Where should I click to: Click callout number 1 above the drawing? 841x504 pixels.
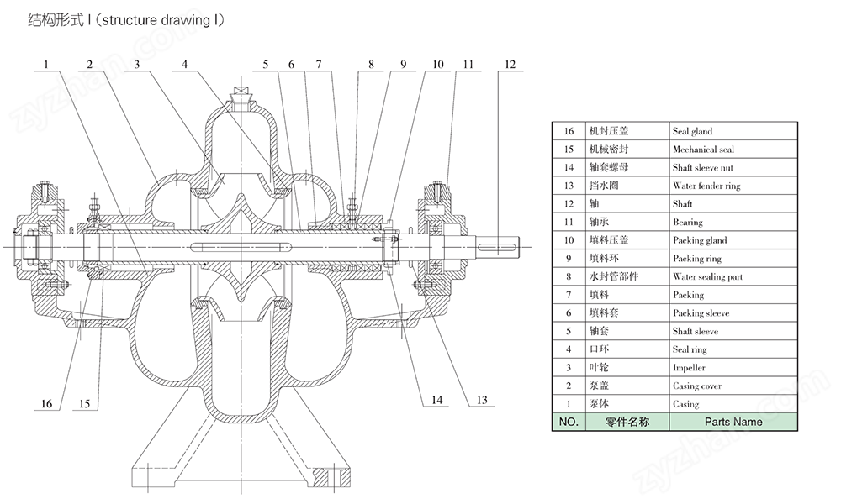(x=46, y=65)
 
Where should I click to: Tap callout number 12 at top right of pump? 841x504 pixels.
(x=510, y=65)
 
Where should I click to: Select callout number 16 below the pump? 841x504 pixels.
(x=46, y=403)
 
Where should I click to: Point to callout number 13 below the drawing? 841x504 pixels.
(x=482, y=400)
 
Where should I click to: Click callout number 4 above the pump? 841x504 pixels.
(x=184, y=65)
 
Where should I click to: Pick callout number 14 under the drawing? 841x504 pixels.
(x=437, y=400)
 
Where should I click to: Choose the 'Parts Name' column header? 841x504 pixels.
(x=733, y=422)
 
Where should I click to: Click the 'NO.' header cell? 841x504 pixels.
(x=569, y=422)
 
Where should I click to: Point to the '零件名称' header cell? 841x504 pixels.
(x=627, y=422)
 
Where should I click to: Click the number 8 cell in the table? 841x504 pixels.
(x=569, y=276)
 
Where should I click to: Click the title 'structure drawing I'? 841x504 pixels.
(x=161, y=20)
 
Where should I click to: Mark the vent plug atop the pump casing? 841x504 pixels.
(x=241, y=95)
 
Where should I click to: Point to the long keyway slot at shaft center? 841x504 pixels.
(x=241, y=246)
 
